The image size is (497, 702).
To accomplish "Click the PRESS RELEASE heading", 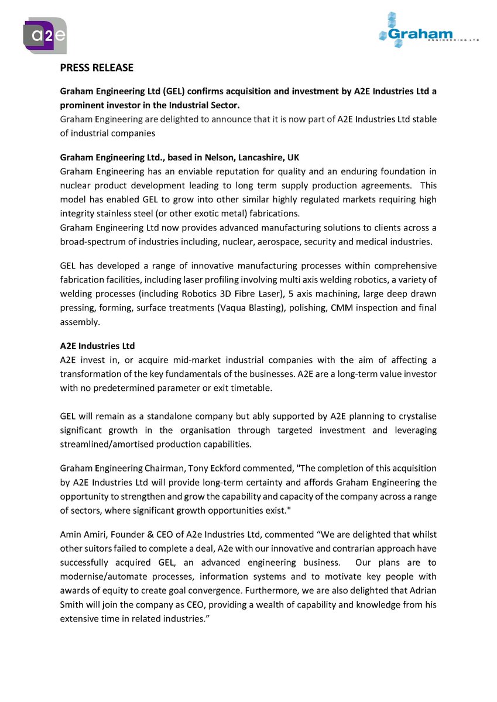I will (x=97, y=68).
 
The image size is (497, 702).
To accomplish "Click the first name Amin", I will (x=70, y=535).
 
